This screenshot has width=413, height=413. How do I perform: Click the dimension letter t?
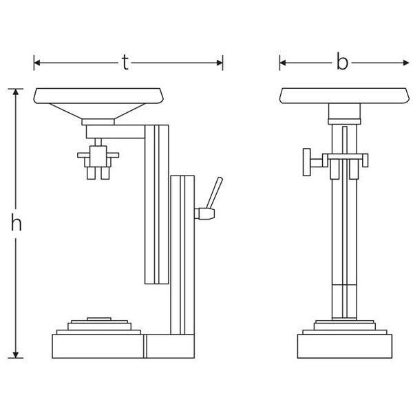point(125,63)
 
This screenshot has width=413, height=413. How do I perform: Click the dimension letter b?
point(342,61)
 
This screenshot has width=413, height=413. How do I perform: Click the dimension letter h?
point(16,222)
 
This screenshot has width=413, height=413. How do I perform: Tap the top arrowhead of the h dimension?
point(16,92)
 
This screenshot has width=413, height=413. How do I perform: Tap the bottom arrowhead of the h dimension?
point(16,354)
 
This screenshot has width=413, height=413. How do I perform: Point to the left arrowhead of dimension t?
point(37,63)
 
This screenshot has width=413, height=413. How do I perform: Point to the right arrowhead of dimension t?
point(220,63)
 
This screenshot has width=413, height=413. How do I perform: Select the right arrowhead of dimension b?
point(405,63)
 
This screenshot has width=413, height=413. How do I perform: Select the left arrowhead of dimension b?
point(283,63)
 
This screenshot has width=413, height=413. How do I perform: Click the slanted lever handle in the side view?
point(214,193)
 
